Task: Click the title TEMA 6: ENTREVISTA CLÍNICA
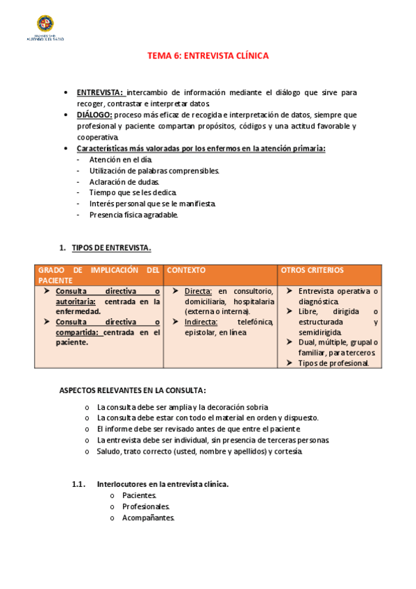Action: (x=208, y=56)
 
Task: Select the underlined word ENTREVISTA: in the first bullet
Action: (x=100, y=92)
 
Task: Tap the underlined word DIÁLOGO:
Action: (x=94, y=115)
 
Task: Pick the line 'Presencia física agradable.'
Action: (x=134, y=215)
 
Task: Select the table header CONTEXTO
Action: (x=186, y=270)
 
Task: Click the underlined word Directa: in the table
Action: (x=199, y=291)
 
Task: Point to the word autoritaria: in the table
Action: (x=78, y=301)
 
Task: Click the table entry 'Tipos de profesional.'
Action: (x=333, y=363)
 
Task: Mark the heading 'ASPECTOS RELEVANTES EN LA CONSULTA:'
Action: (x=133, y=390)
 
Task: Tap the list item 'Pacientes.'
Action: (x=139, y=495)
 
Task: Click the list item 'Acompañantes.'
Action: (x=148, y=517)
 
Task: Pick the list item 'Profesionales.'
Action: (x=145, y=506)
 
